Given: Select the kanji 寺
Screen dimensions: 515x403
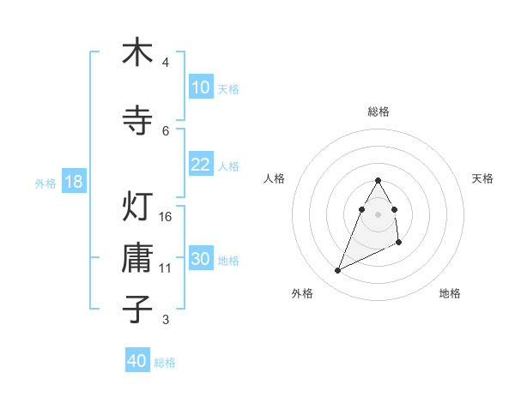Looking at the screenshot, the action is coord(137,120).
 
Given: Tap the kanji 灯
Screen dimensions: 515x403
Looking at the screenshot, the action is coord(137,207).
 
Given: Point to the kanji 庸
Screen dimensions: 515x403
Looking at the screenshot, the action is coord(137,257).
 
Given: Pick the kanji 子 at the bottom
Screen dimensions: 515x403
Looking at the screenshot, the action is coord(137,309).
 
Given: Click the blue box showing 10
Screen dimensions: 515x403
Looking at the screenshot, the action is coord(200,87).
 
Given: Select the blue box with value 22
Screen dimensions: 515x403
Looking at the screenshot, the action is coord(200,165).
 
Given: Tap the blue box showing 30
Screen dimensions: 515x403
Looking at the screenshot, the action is coord(200,259).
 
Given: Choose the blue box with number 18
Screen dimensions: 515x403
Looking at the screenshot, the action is coord(73,182).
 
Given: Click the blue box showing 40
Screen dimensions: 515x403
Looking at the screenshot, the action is coord(137,361).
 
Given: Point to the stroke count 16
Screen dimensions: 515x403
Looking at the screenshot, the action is coord(166,217).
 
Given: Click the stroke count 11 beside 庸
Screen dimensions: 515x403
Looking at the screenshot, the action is coord(166,268).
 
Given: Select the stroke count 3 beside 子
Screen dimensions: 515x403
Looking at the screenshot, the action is coord(166,320).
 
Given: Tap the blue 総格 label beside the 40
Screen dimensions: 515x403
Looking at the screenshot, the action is coord(165,363).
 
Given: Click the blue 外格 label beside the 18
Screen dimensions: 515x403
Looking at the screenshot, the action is coord(45,183).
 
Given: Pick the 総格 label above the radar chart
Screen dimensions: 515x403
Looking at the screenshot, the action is coord(379,111).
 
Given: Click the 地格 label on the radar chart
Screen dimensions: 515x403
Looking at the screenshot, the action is coord(450,293).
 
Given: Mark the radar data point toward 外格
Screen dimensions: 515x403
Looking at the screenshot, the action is coord(337,271).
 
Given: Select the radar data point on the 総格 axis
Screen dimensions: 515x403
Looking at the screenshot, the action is coord(379,180).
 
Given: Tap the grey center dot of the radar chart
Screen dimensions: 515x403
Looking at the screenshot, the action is coord(379,214).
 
